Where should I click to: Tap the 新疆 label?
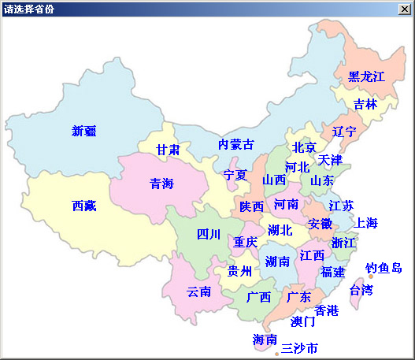tap(83, 131)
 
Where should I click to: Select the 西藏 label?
tap(83, 206)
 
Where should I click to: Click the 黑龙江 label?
tap(366, 76)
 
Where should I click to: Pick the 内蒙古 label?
tap(236, 145)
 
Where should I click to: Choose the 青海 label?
tap(162, 184)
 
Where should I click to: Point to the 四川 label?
tap(209, 234)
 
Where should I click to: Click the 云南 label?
tap(198, 291)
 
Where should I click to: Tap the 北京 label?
tap(304, 147)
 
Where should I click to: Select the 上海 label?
tap(366, 223)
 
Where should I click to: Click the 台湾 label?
tap(361, 290)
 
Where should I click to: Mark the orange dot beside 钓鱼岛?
tap(371, 276)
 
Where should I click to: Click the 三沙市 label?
tap(299, 347)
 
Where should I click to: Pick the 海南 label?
tap(265, 340)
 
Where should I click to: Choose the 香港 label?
tap(326, 311)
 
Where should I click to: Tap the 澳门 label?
tap(302, 321)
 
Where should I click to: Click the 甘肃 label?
tap(167, 150)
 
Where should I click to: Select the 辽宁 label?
tap(344, 131)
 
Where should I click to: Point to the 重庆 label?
tap(245, 242)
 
